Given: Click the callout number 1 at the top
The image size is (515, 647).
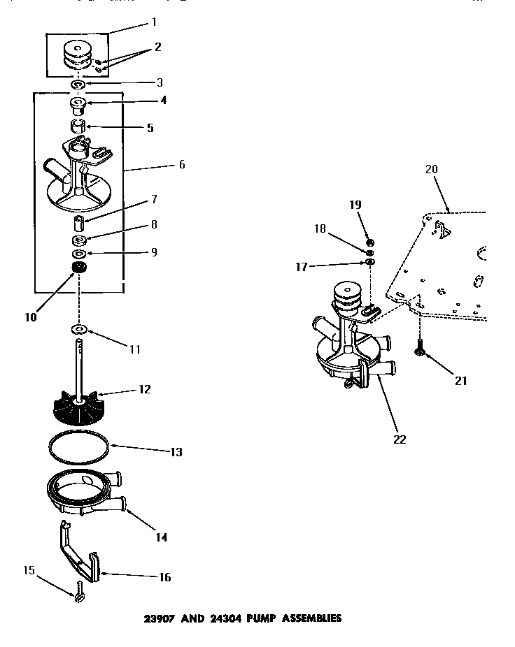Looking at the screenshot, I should pos(153,22).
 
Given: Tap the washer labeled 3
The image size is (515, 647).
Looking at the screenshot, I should pos(78,85).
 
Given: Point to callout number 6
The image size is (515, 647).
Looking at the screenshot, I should pos(182,165).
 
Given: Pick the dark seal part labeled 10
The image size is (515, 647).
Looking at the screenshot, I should pos(78,269).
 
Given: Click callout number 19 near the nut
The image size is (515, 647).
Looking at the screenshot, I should pos(355,205).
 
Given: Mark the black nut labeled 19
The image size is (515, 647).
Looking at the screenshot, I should pos(370,242).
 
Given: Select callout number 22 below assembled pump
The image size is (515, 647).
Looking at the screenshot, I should pos(399,439).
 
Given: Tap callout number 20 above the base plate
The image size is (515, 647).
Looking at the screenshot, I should pos(430,170).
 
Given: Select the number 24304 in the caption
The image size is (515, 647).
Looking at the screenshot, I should pos(213,618).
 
